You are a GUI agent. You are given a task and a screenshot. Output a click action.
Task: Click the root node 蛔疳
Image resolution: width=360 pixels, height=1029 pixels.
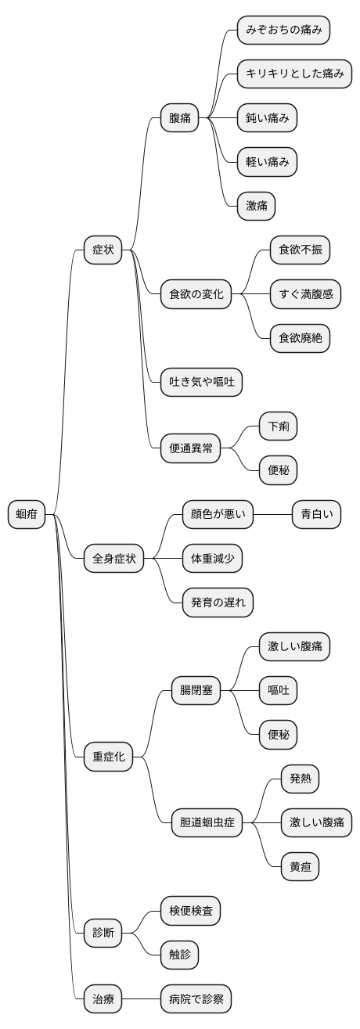[x=27, y=514]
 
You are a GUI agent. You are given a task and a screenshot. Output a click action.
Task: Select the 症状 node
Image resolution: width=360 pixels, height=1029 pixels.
[x=103, y=250]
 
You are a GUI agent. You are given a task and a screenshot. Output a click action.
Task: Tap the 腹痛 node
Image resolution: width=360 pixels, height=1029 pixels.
[x=179, y=119]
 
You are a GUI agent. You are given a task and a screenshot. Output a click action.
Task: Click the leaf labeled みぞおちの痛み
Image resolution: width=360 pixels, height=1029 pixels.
[x=284, y=31]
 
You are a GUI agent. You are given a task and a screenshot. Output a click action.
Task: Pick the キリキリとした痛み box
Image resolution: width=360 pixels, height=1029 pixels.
[x=294, y=74]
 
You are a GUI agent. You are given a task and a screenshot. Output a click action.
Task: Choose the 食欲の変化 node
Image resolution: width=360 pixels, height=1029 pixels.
[x=196, y=295]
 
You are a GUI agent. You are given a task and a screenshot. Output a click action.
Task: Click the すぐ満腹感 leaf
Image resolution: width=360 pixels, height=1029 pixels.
[x=305, y=295]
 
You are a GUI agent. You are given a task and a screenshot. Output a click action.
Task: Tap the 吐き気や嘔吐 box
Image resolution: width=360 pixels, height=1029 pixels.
[x=201, y=383]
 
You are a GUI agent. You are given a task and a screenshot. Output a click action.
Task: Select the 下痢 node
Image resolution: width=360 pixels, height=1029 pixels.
[x=279, y=426]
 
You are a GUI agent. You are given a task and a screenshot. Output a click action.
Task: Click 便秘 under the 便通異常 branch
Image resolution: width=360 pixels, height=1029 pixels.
[x=279, y=470]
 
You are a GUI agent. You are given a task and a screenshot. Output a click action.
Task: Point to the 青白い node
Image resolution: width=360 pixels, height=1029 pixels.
[x=316, y=514]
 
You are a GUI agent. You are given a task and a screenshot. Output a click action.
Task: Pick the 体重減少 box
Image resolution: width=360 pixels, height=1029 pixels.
[x=212, y=559]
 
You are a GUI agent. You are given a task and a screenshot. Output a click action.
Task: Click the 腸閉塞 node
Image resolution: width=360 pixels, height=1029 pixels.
[x=196, y=690]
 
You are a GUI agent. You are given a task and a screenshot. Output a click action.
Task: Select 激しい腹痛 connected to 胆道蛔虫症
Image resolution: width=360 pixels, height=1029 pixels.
[x=316, y=822]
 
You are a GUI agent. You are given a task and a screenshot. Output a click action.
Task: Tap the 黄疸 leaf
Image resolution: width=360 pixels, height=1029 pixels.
[x=301, y=866]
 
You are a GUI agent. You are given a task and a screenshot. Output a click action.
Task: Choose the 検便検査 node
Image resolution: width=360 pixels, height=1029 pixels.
[x=190, y=910]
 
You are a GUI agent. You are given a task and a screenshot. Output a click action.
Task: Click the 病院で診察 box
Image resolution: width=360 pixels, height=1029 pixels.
[x=196, y=998]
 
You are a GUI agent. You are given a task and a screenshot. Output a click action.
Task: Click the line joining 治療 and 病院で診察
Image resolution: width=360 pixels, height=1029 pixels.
[x=142, y=998]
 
